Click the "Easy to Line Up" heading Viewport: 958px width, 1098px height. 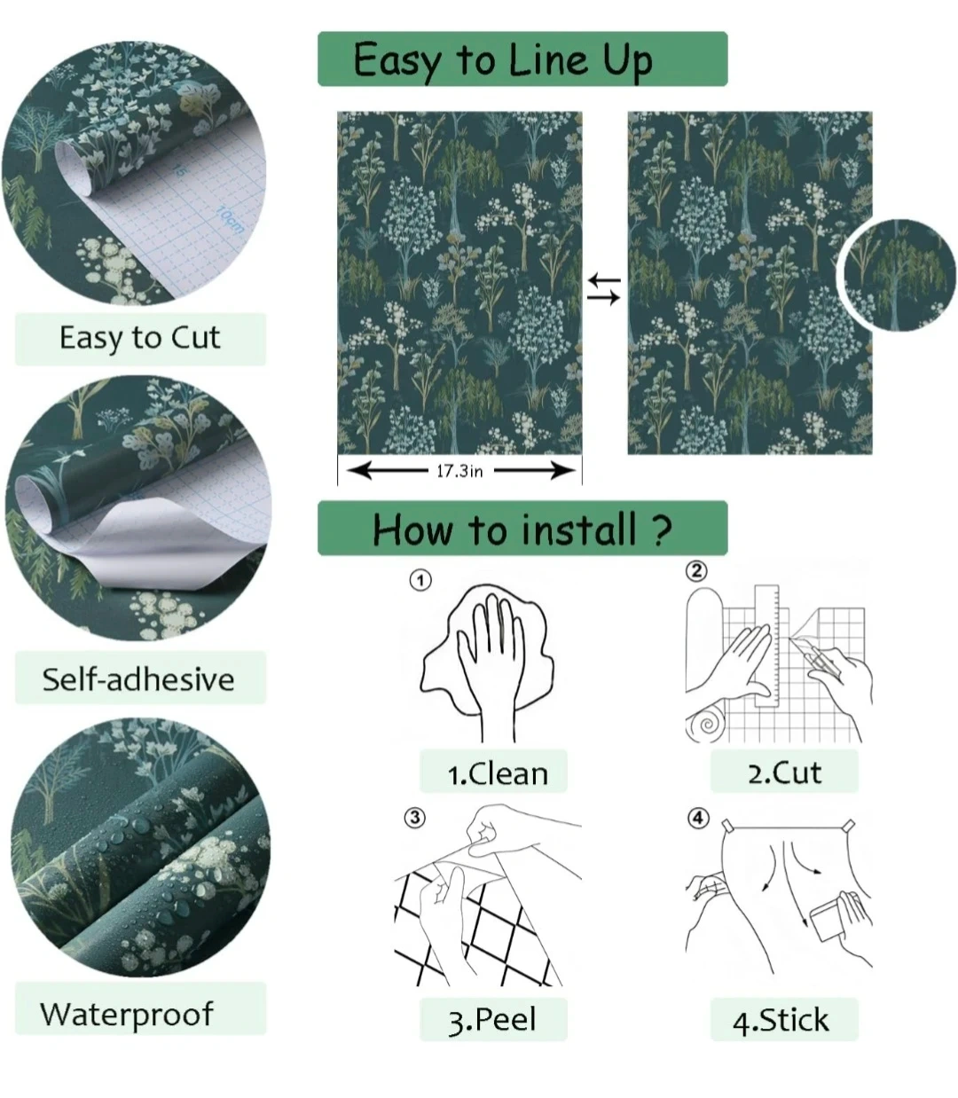tap(503, 60)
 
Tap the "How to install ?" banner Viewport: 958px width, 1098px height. tap(522, 529)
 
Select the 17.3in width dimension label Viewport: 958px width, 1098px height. tap(459, 471)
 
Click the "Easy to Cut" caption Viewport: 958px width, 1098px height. tap(140, 339)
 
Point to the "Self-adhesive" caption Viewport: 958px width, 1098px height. tap(138, 679)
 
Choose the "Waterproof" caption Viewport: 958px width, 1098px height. tap(127, 1016)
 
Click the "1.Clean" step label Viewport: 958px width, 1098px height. tap(498, 774)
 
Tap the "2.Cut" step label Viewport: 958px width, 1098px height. tap(785, 773)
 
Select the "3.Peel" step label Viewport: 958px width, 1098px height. tap(492, 1020)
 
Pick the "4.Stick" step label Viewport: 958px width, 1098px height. tap(781, 1020)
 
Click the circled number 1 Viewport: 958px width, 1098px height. tap(420, 580)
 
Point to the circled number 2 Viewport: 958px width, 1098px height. tap(696, 570)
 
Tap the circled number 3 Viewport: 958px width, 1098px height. tap(415, 818)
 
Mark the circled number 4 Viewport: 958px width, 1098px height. tap(698, 818)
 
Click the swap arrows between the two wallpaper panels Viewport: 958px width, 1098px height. tap(604, 289)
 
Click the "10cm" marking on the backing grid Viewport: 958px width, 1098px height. tap(230, 219)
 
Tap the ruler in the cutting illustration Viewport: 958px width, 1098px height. tap(767, 646)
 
